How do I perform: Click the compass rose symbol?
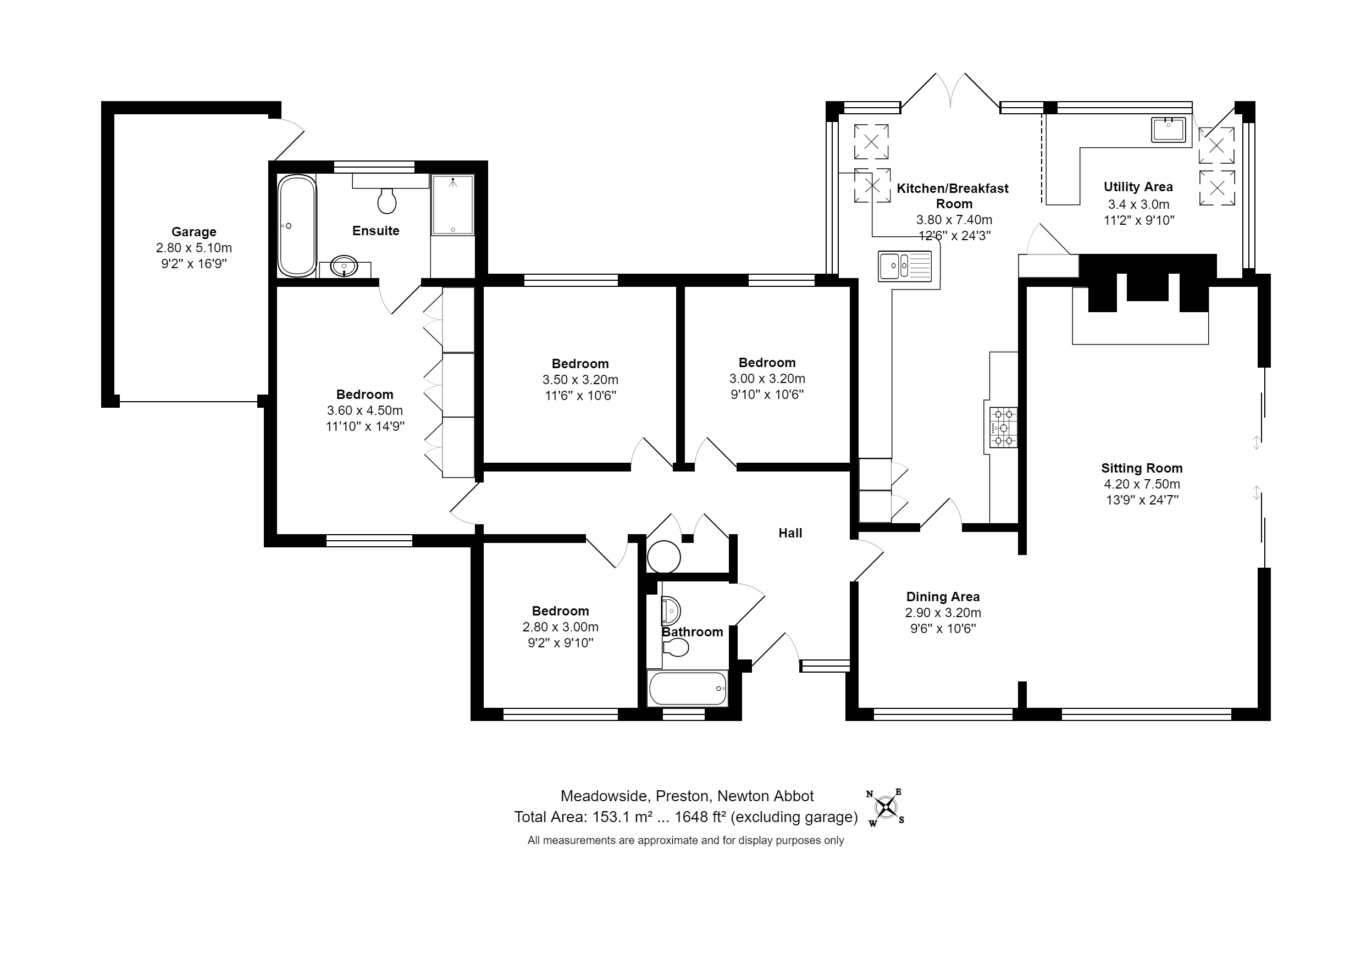point(885,807)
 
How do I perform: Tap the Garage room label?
point(193,232)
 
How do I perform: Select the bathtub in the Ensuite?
point(297,226)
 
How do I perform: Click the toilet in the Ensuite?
point(387,201)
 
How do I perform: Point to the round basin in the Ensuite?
point(344,266)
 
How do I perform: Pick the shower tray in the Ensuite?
point(453,205)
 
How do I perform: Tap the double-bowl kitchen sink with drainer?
point(905,265)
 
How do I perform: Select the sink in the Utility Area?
point(1168,130)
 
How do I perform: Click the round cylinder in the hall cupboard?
point(664,557)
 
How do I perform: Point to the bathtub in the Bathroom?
point(688,688)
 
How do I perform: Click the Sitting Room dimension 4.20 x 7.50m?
point(1141,484)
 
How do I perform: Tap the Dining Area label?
point(943,596)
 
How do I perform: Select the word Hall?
point(790,533)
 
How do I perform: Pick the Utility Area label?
point(1138,187)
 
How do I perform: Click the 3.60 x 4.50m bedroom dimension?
point(364,411)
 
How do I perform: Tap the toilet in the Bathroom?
point(676,647)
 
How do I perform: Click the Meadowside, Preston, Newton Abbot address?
point(687,796)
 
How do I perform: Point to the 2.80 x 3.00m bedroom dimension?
point(560,626)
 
